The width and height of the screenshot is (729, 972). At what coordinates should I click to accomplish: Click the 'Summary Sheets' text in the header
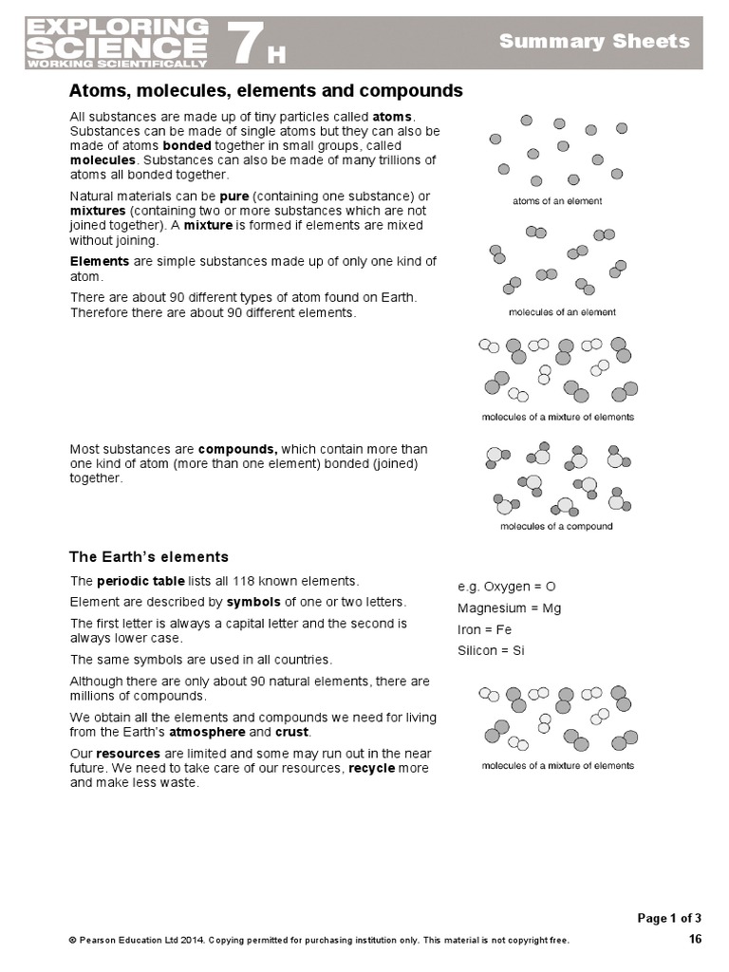coord(594,41)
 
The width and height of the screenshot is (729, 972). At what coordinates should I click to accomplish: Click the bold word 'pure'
coord(234,196)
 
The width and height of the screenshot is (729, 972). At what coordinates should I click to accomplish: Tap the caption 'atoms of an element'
coord(557,201)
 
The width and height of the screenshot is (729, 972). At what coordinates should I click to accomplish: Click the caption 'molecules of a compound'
coord(556,526)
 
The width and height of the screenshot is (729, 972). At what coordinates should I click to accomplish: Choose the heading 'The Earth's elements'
coord(149,556)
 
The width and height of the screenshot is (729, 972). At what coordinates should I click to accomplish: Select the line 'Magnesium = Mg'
coord(509,607)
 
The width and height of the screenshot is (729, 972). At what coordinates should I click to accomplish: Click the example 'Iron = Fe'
coord(484,629)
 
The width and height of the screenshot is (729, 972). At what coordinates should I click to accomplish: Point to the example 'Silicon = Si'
coord(491,650)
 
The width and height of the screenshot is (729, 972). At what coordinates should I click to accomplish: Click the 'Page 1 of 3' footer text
coord(669,918)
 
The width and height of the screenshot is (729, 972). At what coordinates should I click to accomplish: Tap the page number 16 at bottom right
coord(695,940)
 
